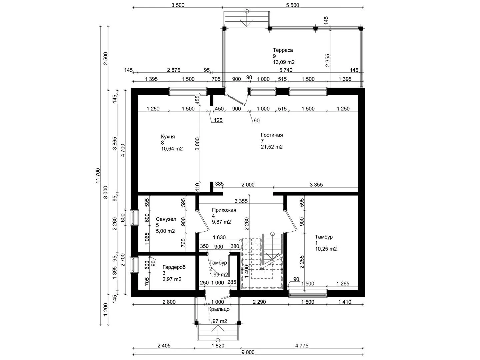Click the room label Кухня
tap(168, 137)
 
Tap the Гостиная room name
tap(272, 135)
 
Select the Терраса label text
tap(283, 50)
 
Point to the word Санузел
tap(166, 219)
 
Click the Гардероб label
tap(174, 267)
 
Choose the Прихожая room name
tap(224, 210)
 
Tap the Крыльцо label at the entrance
tap(219, 309)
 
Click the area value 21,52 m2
tap(272, 147)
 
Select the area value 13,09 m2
tap(284, 62)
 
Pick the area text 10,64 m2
tap(172, 149)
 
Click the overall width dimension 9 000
tap(248, 352)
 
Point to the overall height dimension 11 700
tap(98, 176)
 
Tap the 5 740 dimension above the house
tap(286, 70)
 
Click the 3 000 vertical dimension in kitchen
tap(197, 144)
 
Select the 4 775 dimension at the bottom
tap(302, 346)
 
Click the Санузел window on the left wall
tap(134, 217)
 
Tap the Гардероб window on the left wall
tap(134, 265)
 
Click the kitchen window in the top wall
tap(188, 91)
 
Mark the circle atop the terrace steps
tap(247, 11)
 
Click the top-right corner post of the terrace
tap(361, 29)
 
